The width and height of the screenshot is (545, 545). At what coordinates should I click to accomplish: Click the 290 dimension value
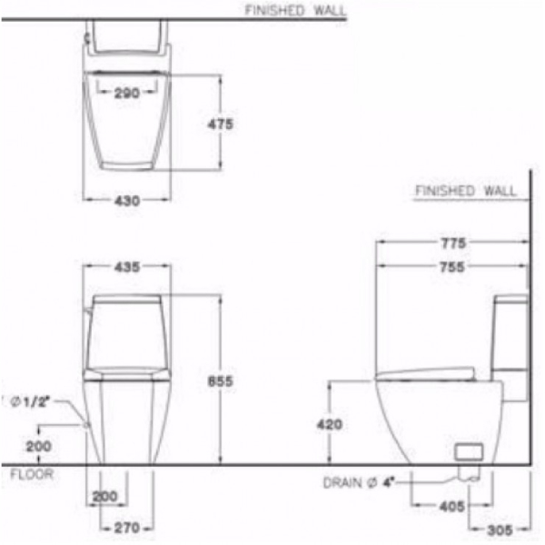click(x=128, y=94)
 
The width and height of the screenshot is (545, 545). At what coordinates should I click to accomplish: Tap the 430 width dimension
click(x=128, y=201)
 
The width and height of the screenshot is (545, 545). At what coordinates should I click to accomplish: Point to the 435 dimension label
click(x=128, y=267)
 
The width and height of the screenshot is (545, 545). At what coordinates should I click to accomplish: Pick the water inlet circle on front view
click(x=85, y=424)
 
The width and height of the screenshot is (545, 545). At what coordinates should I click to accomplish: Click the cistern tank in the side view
click(x=510, y=345)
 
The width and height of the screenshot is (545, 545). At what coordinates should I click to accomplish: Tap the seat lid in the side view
click(x=425, y=372)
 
